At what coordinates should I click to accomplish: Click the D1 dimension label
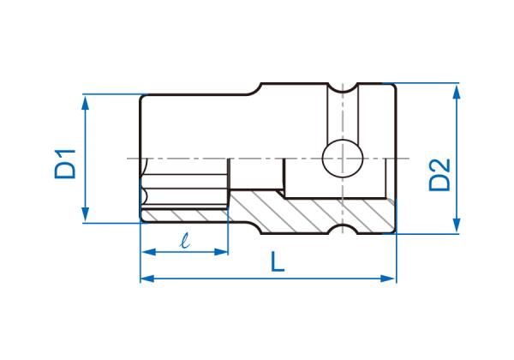65,164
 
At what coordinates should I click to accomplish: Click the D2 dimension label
439,174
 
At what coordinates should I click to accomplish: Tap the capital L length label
278,261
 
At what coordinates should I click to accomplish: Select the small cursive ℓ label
185,240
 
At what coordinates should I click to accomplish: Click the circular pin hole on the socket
343,159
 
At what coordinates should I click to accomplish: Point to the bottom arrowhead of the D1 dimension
85,213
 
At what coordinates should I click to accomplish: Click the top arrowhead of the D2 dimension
457,93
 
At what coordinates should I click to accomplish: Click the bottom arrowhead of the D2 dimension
457,225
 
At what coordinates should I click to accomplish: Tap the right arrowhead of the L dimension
387,279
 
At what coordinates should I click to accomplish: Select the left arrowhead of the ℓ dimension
149,252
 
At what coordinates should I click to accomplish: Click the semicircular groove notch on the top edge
343,88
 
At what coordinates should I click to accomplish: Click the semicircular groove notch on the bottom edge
343,230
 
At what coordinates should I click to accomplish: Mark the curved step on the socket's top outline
254,89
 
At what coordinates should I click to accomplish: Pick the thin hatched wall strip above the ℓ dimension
183,215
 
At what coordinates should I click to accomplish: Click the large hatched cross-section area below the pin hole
312,213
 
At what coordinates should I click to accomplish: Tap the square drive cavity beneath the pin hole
334,178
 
